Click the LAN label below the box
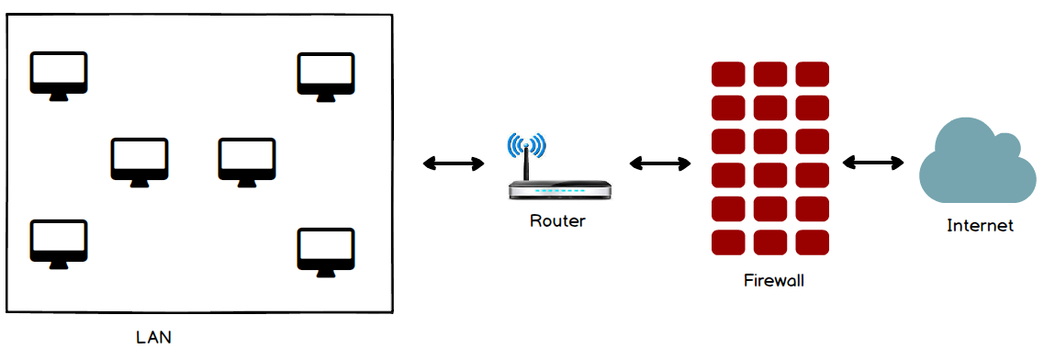[154, 337]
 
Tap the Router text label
[557, 220]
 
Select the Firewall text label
[774, 280]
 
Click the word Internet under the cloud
[980, 226]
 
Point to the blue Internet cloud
[977, 161]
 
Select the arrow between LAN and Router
[455, 163]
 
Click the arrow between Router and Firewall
[660, 163]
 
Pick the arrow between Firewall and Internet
[873, 163]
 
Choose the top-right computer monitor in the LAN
[326, 77]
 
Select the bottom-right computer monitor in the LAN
[326, 253]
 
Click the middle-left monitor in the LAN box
[140, 163]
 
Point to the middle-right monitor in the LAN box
[247, 163]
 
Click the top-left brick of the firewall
[728, 73]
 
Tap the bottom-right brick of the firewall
[813, 242]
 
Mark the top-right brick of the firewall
[813, 73]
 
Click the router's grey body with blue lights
[559, 190]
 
